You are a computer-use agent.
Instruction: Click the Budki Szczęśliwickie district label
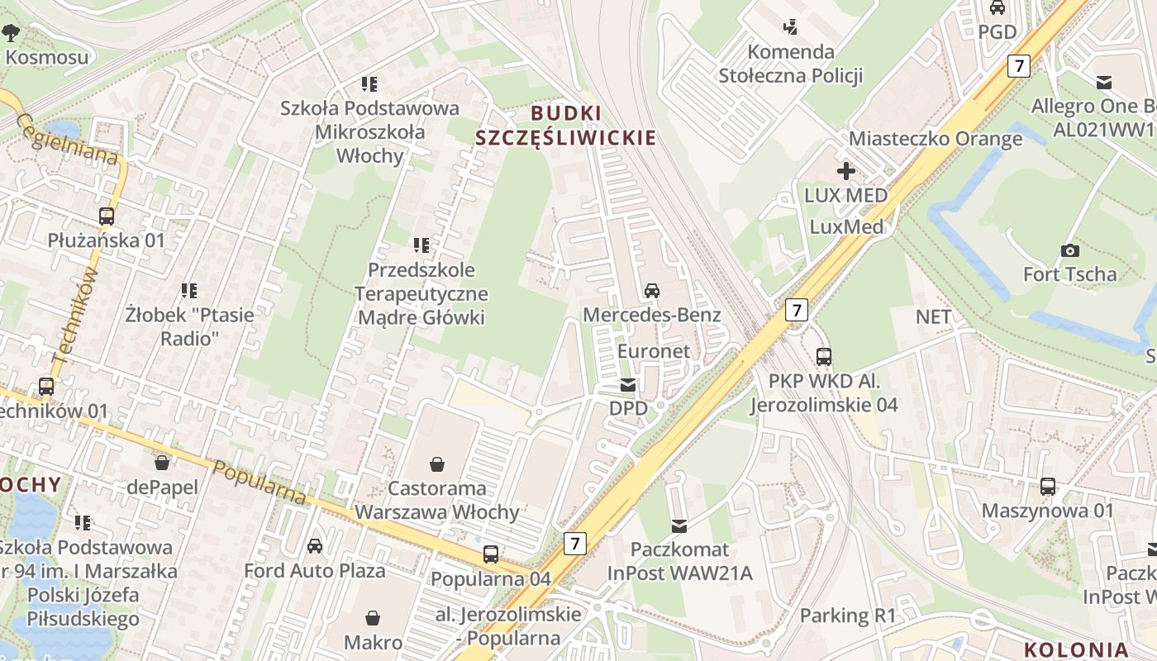(x=565, y=125)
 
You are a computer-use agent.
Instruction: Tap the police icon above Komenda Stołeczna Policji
(x=791, y=26)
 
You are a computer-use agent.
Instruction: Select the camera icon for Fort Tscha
(x=1069, y=250)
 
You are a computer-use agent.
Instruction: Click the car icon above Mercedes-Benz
(x=652, y=291)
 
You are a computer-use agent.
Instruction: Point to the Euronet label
(x=654, y=350)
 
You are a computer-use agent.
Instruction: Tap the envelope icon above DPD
(x=628, y=384)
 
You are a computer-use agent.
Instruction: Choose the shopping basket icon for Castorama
(x=436, y=465)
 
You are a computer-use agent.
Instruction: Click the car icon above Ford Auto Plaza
(x=315, y=546)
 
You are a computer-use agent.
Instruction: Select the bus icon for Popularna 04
(x=491, y=554)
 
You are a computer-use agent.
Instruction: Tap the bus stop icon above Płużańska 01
(x=107, y=216)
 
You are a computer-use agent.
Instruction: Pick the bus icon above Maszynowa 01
(x=1048, y=487)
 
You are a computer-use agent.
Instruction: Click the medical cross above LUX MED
(x=846, y=172)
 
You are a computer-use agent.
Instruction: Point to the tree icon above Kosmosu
(x=11, y=33)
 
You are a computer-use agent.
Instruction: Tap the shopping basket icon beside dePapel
(x=162, y=463)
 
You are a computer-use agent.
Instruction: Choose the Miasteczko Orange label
(x=936, y=138)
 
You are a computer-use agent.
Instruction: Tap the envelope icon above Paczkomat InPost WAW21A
(x=679, y=525)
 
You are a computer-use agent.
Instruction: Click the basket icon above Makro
(x=374, y=618)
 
